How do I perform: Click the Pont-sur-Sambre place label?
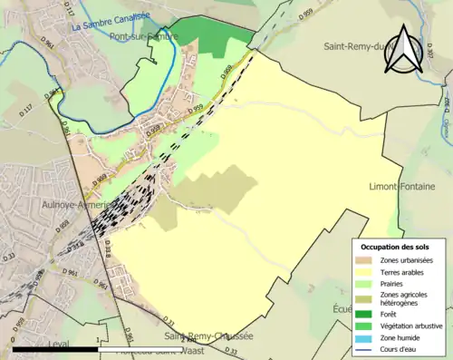tap(143, 37)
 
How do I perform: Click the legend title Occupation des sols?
tap(397, 247)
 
